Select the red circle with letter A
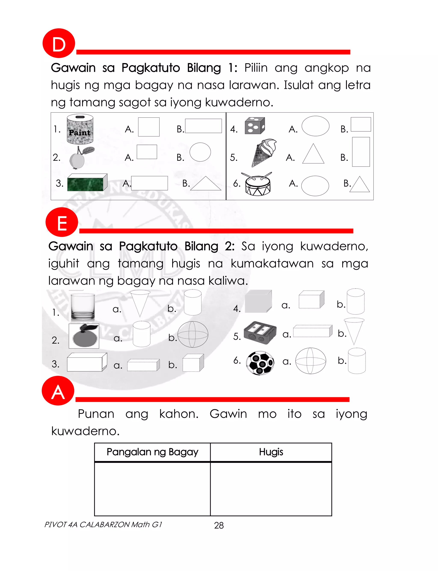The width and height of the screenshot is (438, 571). click(58, 391)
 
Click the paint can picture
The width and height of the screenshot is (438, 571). click(80, 129)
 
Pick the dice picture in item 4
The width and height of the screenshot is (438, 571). click(255, 126)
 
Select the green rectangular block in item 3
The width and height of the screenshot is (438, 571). click(87, 182)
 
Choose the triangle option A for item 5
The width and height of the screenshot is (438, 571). click(313, 154)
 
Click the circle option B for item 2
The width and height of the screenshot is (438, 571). click(200, 152)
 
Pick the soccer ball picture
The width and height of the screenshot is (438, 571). click(260, 363)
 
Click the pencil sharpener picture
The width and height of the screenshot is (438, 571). click(260, 333)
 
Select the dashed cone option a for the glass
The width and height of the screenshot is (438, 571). click(140, 303)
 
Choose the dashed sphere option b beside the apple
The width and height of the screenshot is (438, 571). click(193, 334)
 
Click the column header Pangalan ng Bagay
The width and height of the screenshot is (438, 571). click(152, 452)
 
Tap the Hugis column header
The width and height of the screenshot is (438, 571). click(271, 452)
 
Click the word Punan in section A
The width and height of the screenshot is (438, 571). click(96, 414)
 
